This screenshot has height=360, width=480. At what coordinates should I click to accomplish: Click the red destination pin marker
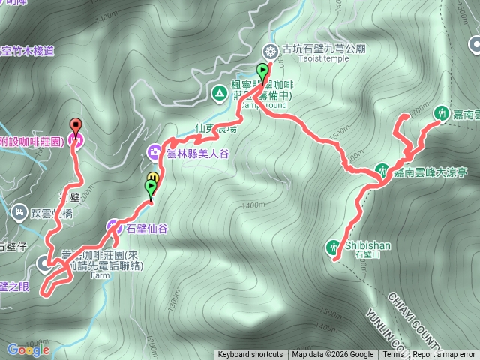click(75, 125)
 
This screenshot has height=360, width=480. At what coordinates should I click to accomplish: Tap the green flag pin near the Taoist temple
click(262, 73)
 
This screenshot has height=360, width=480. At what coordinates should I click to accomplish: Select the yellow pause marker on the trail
click(152, 177)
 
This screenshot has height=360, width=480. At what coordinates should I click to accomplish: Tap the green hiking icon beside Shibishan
click(334, 245)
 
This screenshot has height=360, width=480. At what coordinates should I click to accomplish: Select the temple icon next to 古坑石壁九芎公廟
click(270, 51)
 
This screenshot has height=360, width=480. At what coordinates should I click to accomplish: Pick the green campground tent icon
click(219, 93)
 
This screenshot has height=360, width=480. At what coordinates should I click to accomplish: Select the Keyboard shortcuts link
click(250, 355)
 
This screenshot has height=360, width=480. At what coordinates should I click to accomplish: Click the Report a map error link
click(444, 355)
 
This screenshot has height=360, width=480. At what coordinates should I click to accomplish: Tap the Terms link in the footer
click(393, 355)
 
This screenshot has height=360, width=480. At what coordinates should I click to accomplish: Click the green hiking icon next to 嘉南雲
click(441, 110)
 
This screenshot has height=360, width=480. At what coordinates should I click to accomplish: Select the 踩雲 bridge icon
click(19, 213)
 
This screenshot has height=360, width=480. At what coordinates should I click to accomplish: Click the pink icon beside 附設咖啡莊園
click(75, 139)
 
